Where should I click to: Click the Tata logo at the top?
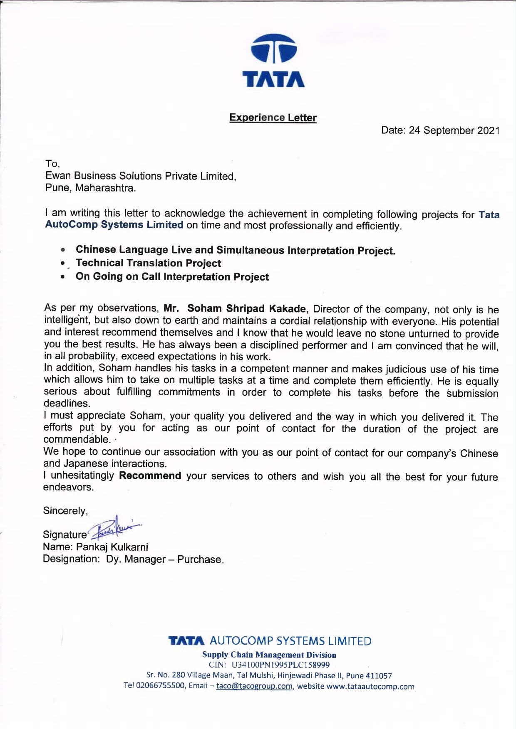pyautogui.click(x=273, y=61)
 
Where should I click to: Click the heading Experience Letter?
pyautogui.click(x=273, y=118)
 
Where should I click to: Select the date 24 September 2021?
pyautogui.click(x=454, y=131)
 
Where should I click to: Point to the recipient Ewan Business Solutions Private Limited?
pyautogui.click(x=141, y=176)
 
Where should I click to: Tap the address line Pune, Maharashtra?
pyautogui.click(x=91, y=188)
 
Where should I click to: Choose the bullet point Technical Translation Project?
pyautogui.click(x=148, y=263)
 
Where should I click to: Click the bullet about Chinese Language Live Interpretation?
pyautogui.click(x=235, y=250)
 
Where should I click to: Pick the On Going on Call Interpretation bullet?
pyautogui.click(x=172, y=277)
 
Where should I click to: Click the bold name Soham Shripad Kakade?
pyautogui.click(x=246, y=308)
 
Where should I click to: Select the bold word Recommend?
pyautogui.click(x=150, y=475)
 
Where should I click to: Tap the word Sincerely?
pyautogui.click(x=65, y=511)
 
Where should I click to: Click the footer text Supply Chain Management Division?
pyautogui.click(x=269, y=655)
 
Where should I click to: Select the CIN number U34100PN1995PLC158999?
pyautogui.click(x=280, y=665)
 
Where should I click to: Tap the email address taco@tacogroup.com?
pyautogui.click(x=254, y=686)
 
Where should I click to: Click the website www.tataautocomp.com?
pyautogui.click(x=370, y=687)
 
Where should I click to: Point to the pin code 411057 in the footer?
pyautogui.click(x=379, y=676)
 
